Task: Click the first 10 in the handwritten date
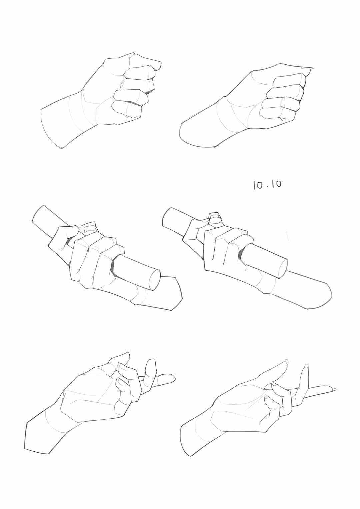258,185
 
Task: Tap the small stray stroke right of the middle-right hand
287,236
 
